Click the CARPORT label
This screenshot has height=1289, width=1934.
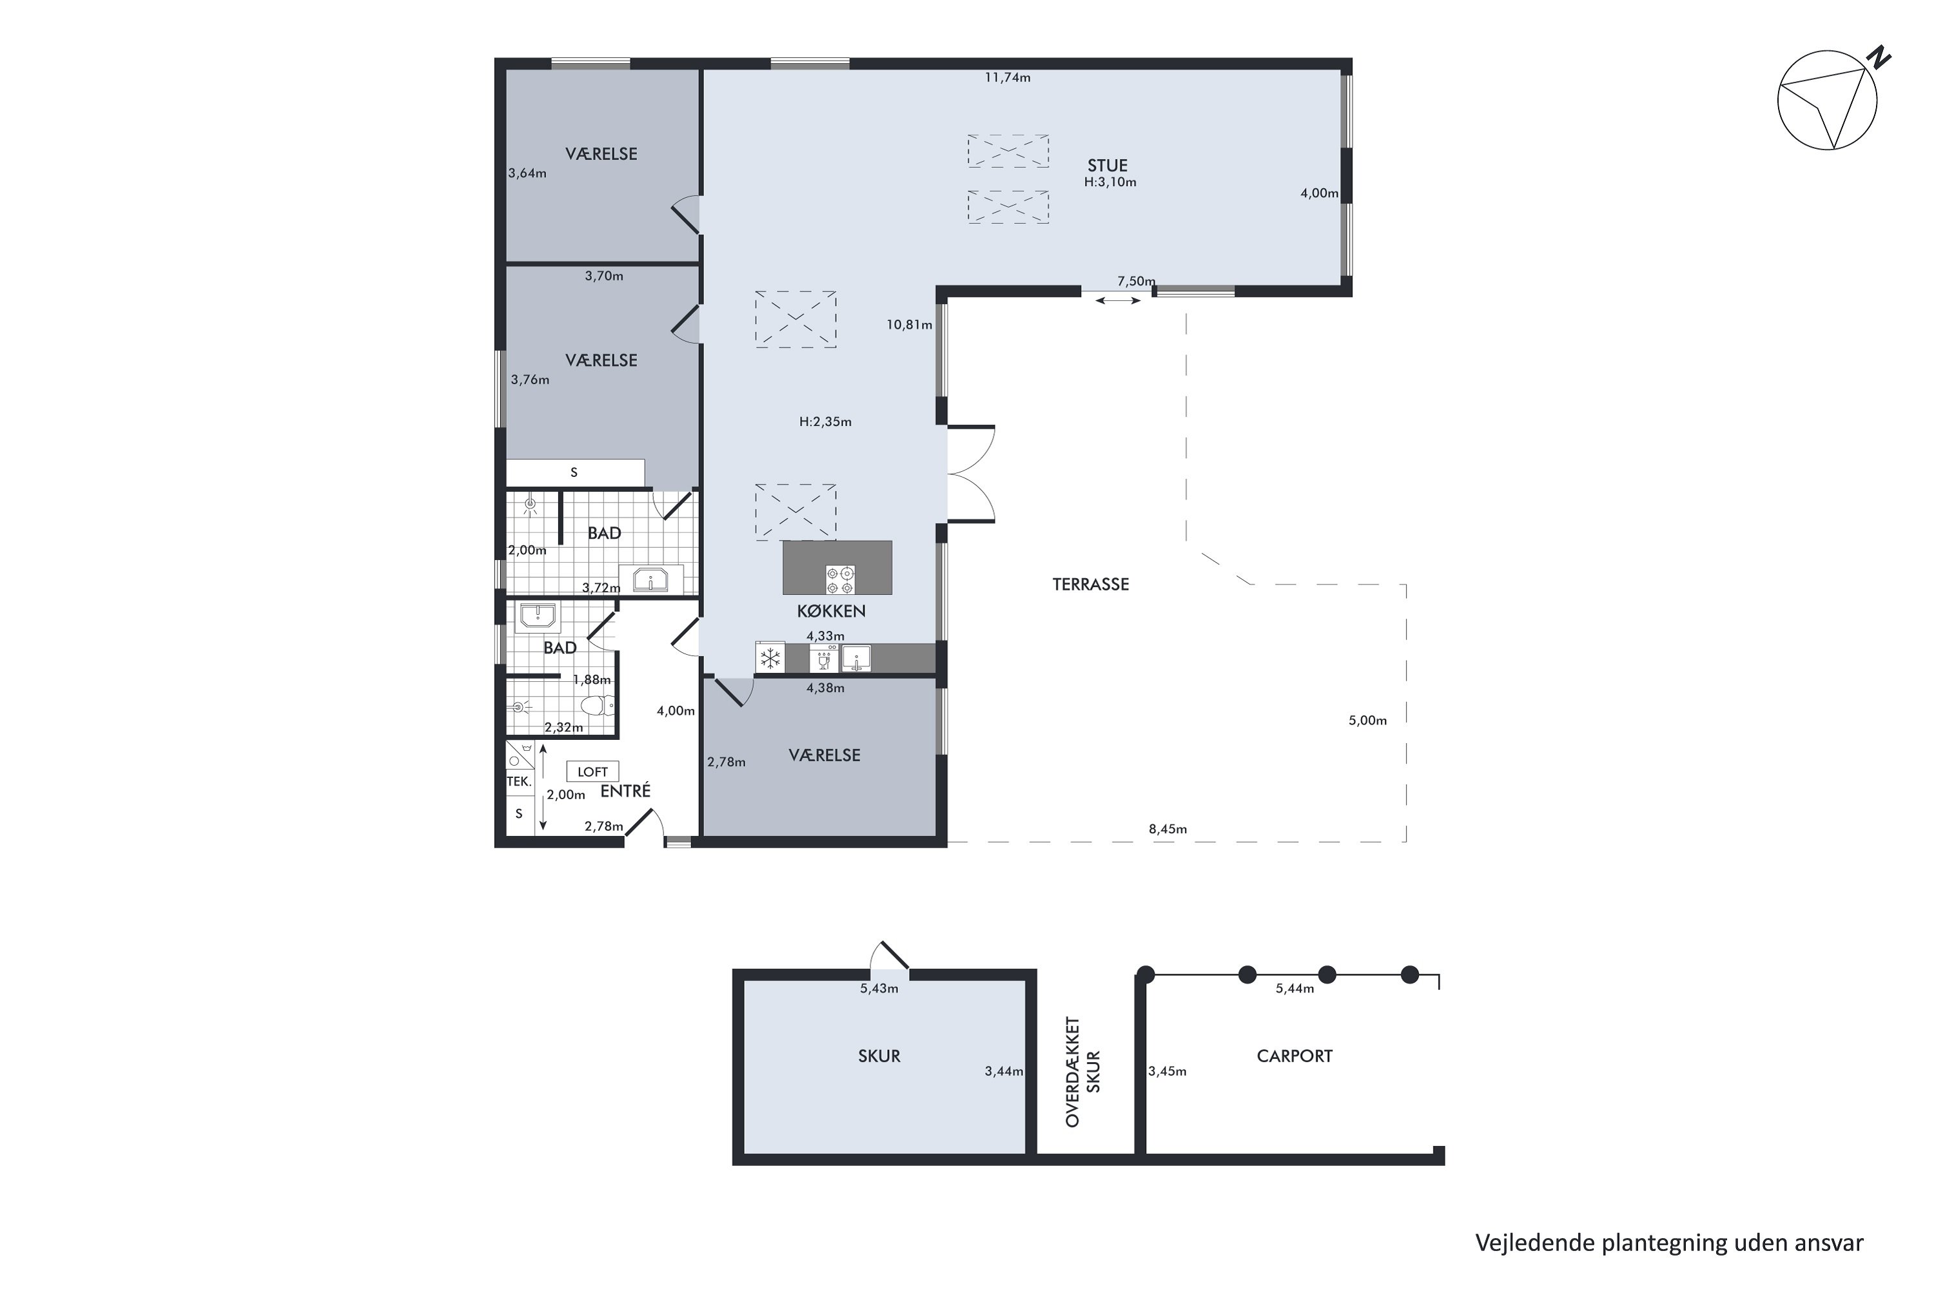click(1294, 1056)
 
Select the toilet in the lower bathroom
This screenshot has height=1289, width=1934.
click(597, 705)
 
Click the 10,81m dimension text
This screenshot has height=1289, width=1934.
click(910, 325)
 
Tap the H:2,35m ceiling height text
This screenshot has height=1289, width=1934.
click(826, 422)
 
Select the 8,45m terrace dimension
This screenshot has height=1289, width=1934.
click(1167, 829)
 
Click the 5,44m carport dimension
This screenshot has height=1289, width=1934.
click(1295, 989)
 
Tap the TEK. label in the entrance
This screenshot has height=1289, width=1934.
click(519, 782)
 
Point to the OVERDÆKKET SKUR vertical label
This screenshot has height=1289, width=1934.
click(1083, 1072)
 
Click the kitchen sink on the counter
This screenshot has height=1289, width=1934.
click(856, 659)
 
